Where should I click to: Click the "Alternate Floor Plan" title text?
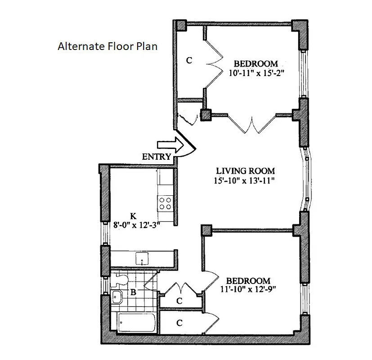point(108,46)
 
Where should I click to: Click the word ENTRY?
point(157,157)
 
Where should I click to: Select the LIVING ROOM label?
point(245,171)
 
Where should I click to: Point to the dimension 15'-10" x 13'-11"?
point(244,181)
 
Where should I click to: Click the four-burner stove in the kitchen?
point(165,204)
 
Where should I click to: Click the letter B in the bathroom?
point(133,292)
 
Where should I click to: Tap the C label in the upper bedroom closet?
point(189,60)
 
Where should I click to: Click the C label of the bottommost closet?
point(179,323)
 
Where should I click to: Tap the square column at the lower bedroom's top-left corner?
point(206,230)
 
